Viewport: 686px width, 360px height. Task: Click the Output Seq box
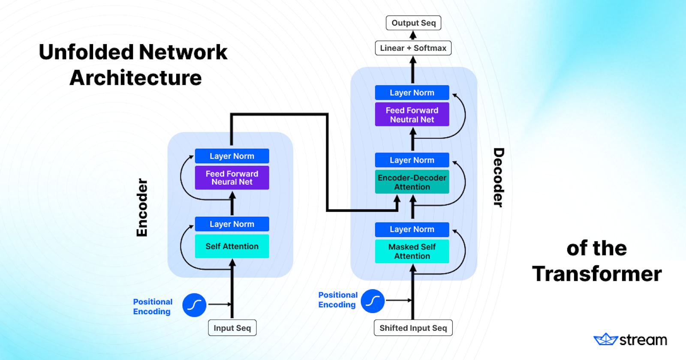413,23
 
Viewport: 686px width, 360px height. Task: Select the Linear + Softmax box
413,48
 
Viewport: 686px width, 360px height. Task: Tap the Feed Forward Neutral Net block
412,114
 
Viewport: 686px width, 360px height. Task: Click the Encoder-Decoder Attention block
412,182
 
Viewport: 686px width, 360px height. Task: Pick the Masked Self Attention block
412,251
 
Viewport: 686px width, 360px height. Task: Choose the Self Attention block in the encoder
232,246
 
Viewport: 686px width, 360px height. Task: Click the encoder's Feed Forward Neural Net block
232,177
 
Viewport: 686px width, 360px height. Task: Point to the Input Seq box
232,328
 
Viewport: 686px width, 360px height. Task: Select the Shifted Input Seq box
413,328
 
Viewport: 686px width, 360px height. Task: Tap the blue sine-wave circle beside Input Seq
194,305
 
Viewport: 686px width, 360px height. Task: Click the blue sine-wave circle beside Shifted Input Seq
373,301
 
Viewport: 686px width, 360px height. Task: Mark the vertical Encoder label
142,207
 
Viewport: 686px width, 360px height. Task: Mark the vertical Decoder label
499,177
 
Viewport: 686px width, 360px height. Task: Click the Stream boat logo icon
605,339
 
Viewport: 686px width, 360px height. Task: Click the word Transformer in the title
597,273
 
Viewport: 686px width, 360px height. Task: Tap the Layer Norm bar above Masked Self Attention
412,229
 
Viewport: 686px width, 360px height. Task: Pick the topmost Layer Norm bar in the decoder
412,93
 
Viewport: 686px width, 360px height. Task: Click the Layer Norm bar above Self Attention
232,224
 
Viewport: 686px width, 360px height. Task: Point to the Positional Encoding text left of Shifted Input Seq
337,300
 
